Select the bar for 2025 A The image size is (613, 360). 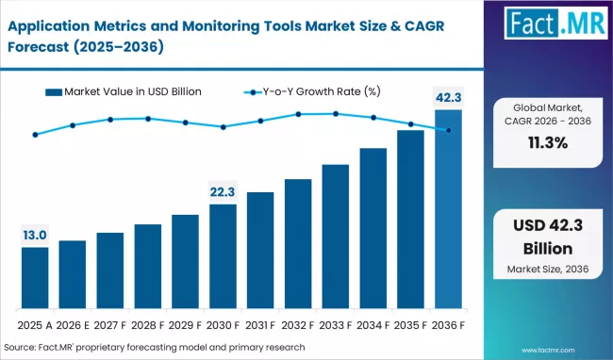tap(35, 278)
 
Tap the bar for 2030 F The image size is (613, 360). tap(224, 256)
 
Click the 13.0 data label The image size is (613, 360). tap(35, 235)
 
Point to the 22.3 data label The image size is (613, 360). tap(224, 191)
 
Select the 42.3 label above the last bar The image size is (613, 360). tap(448, 96)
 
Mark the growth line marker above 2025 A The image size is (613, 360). tap(35, 135)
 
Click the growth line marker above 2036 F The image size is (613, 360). tap(448, 130)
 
